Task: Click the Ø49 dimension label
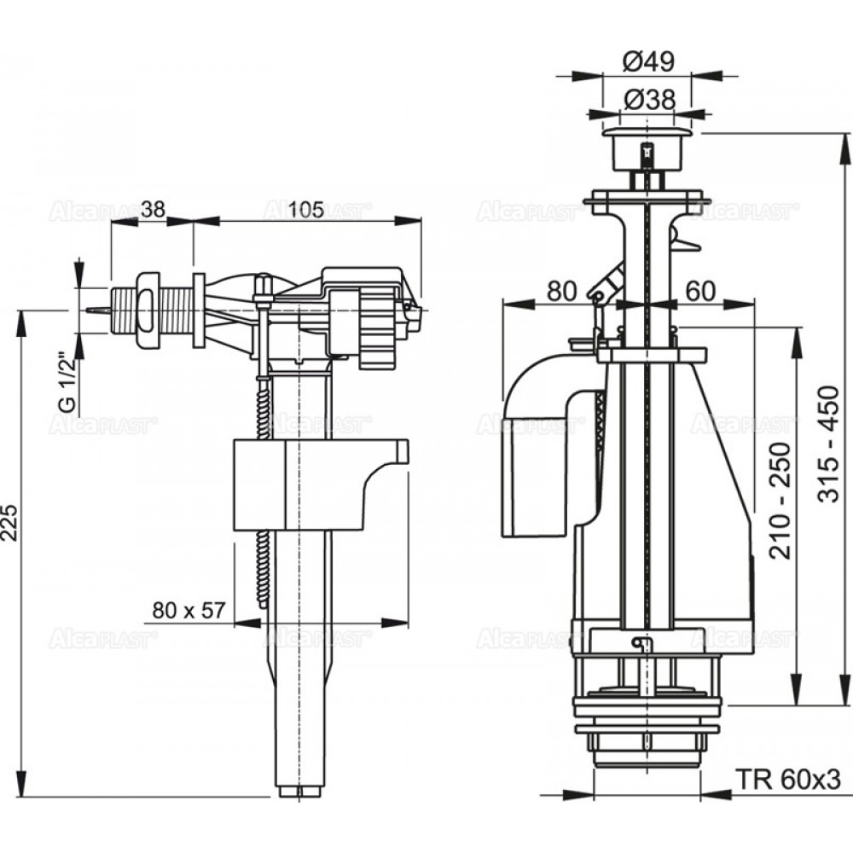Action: point(648,62)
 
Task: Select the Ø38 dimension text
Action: point(648,100)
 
